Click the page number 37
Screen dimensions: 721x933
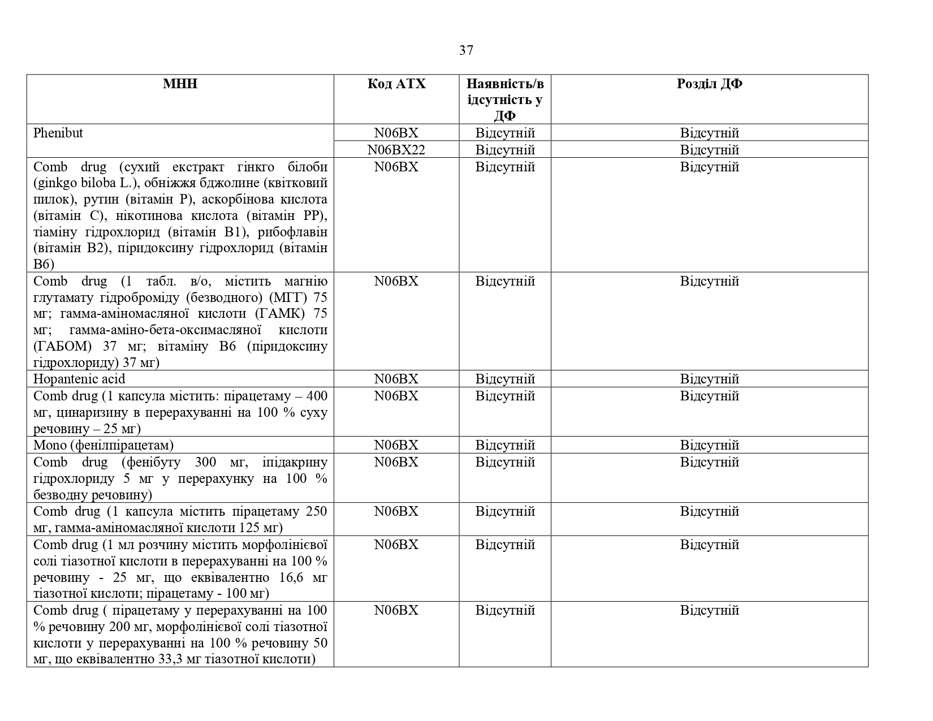tap(466, 51)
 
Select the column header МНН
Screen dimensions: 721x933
tap(180, 84)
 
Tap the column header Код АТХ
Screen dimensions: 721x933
tap(396, 84)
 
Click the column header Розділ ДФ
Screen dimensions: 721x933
tap(709, 84)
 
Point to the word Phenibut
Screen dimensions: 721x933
tap(58, 133)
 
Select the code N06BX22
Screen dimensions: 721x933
tap(396, 150)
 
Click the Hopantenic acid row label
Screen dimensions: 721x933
tap(79, 379)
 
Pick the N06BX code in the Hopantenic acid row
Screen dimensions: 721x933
tap(396, 379)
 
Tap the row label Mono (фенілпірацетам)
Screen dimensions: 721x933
tap(103, 445)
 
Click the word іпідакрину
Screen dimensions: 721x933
tap(295, 462)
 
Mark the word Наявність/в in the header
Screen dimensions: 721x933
tap(505, 84)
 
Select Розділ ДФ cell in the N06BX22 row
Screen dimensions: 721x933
tap(709, 150)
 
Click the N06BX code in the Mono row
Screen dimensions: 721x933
tap(396, 445)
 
